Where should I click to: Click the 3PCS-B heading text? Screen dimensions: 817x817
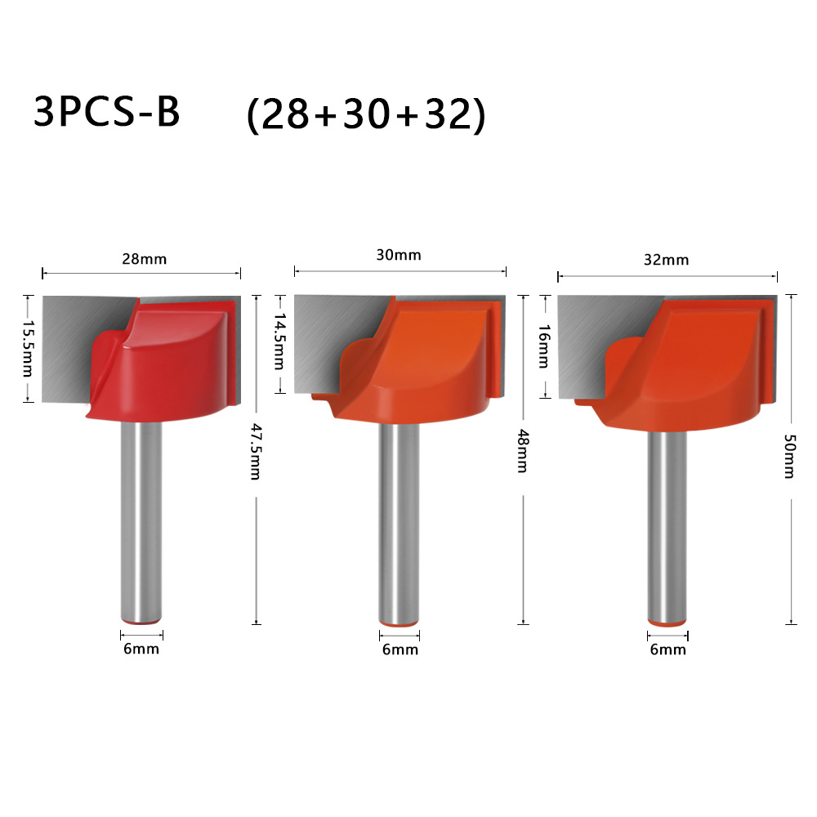106,113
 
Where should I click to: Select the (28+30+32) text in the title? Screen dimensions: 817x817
366,116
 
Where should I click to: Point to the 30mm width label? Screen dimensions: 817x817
399,255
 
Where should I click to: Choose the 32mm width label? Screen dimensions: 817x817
667,260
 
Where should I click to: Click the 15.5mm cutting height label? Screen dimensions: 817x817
27,347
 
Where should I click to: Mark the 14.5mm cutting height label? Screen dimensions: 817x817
279,341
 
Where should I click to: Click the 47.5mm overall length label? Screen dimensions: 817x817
255,452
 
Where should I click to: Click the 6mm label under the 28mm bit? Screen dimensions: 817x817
141,649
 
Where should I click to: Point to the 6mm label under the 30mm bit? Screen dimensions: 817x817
400,650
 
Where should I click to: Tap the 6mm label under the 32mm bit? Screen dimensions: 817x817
667,650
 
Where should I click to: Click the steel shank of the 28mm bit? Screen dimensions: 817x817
140,523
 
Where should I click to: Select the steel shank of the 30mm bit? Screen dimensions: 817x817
399,523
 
